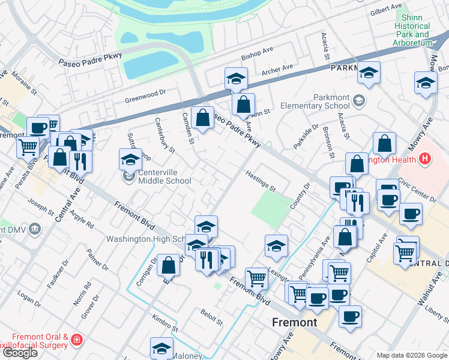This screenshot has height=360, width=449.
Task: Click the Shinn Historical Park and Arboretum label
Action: (x=412, y=30)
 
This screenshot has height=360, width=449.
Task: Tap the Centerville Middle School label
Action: (x=157, y=177)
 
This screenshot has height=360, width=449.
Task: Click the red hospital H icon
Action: (x=425, y=159)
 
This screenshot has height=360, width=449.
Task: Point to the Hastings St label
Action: (x=260, y=181)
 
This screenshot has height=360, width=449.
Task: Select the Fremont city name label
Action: (x=294, y=322)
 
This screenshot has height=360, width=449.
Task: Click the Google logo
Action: (x=20, y=353)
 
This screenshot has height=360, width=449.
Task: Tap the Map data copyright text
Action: (x=412, y=355)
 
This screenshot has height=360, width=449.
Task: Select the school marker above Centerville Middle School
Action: (x=130, y=160)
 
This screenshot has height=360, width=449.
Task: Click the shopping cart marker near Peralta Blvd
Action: (x=28, y=146)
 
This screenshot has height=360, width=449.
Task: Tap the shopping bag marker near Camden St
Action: (x=203, y=117)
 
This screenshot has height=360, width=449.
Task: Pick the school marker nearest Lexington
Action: (x=276, y=246)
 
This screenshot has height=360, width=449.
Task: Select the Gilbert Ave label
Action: (x=385, y=11)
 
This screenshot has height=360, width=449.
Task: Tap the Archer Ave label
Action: (x=277, y=70)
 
